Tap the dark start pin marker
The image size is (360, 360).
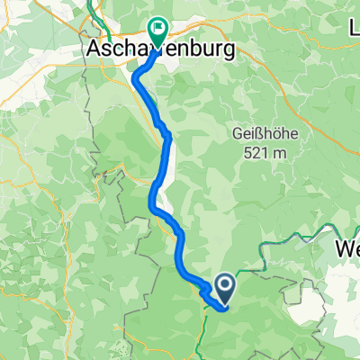pos(224,287)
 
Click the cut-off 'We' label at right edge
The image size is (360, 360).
pos(347,248)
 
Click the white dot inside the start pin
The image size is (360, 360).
pos(224,285)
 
